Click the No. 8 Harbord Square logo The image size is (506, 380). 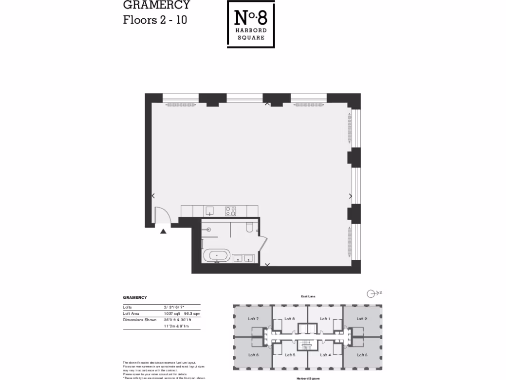pos(251,24)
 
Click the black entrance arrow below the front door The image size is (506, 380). pos(163,230)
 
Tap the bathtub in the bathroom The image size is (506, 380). pos(216,256)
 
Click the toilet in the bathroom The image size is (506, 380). pos(249,228)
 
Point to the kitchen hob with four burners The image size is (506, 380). pos(230,211)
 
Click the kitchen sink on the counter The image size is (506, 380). pos(209,211)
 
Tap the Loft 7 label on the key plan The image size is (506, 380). pos(253,319)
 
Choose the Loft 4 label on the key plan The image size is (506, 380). pos(325,355)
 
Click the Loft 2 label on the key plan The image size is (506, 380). pos(362,319)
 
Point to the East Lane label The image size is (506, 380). pos(308,296)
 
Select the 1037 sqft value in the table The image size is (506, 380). pos(171,314)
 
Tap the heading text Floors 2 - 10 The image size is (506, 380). pos(155,20)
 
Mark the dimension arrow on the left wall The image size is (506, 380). pos(153,195)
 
